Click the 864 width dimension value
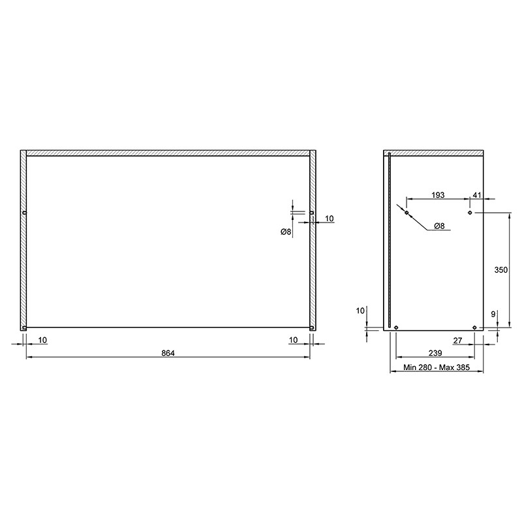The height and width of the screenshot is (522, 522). click(168, 353)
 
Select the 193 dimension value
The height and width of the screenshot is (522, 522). click(438, 195)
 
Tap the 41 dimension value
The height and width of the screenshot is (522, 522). click(477, 195)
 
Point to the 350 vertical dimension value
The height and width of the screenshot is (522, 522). click(500, 269)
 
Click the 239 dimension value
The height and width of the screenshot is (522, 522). click(435, 353)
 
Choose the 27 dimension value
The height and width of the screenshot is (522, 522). click(458, 341)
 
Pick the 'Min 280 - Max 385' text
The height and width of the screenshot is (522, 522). click(437, 367)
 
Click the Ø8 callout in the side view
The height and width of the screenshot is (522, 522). click(439, 226)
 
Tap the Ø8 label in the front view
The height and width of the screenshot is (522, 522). click(286, 232)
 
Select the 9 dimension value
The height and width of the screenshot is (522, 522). click(493, 314)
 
